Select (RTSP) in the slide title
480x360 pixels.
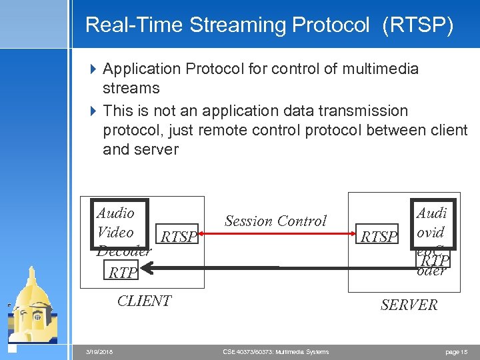click(x=418, y=25)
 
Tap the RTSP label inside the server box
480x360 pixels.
click(x=379, y=237)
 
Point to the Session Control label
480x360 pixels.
click(x=275, y=221)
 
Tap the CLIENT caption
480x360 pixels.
click(x=144, y=301)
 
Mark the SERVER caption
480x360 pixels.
click(x=409, y=305)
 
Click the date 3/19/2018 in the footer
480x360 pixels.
click(x=99, y=351)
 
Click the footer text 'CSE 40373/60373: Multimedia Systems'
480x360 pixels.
click(x=276, y=351)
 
